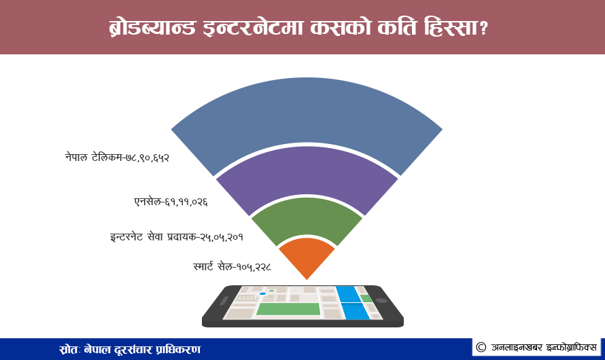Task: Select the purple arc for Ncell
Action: click(307, 170)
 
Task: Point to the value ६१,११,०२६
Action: click(186, 202)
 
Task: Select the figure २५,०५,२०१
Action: click(222, 236)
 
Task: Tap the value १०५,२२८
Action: click(254, 266)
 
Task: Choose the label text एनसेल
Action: click(148, 201)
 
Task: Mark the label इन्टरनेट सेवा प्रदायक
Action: click(153, 236)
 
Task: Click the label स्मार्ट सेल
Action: click(213, 266)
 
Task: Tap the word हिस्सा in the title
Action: click(451, 28)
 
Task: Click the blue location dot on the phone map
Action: click(263, 293)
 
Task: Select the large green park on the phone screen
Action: click(288, 309)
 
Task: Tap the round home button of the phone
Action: click(381, 301)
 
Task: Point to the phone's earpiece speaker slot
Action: click(224, 301)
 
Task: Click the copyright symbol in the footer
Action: click(481, 347)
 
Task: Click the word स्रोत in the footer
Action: click(69, 350)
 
